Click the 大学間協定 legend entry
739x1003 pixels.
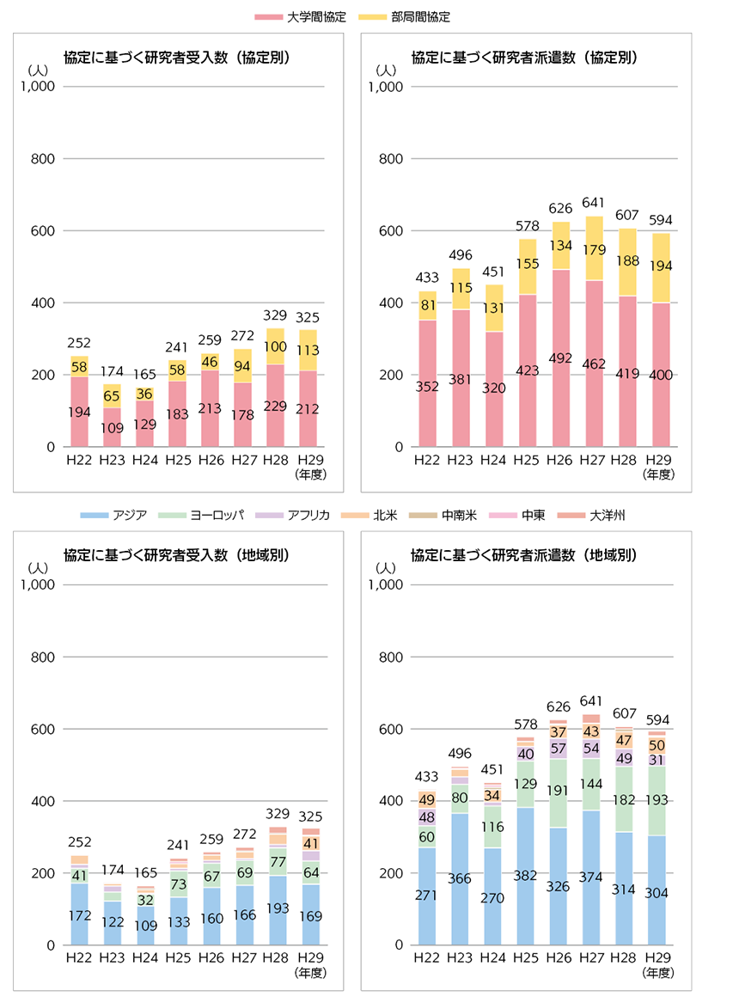[x=309, y=16]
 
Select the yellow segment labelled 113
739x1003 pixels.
[x=308, y=351]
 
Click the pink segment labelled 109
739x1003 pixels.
[x=112, y=427]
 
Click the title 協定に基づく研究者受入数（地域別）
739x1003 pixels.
[x=176, y=555]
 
